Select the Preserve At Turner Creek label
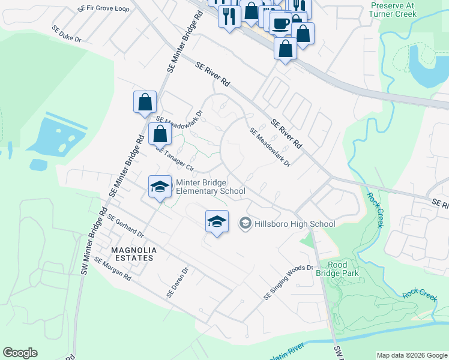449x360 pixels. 393,8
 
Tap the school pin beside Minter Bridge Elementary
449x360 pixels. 160,187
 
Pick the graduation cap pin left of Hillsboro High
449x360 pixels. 217,221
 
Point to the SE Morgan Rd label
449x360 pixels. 113,271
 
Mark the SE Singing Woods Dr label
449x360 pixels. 289,283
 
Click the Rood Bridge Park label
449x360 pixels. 343,269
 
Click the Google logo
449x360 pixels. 20,353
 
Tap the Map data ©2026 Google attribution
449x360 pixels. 411,355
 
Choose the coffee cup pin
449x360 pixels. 280,23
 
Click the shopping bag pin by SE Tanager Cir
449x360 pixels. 160,134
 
